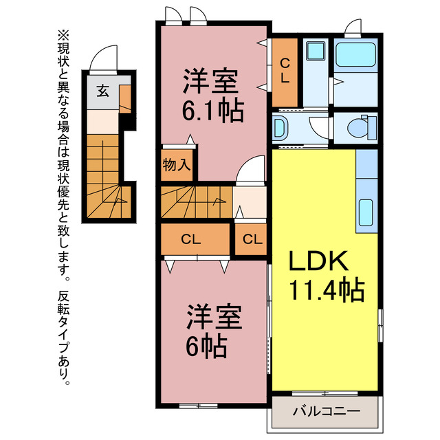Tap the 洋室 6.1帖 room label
[212, 96]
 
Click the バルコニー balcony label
[325, 412]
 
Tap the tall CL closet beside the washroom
[284, 71]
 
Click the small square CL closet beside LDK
[252, 240]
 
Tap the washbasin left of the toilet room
[281, 126]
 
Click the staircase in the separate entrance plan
[103, 175]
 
